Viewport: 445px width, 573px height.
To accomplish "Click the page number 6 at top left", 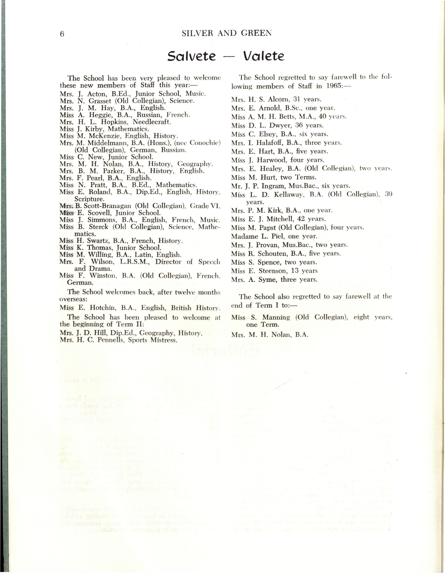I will pyautogui.click(x=62, y=34).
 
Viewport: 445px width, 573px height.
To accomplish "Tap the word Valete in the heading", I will pyautogui.click(x=263, y=56).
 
